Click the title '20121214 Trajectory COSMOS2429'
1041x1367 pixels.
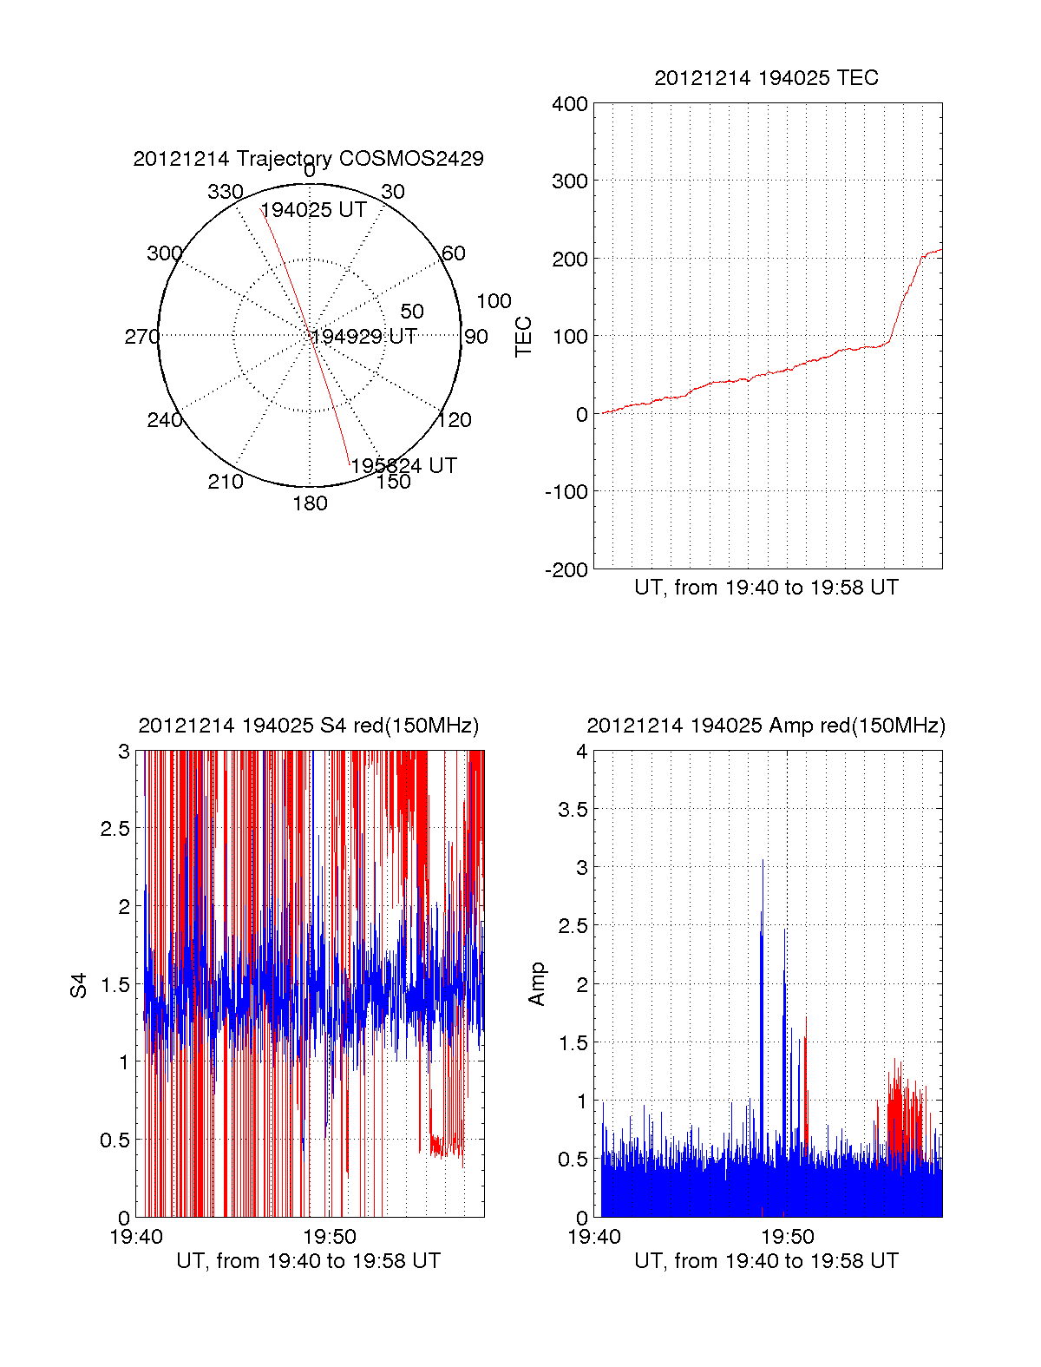[308, 159]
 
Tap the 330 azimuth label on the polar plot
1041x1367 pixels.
[225, 192]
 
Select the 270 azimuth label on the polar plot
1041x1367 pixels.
[141, 337]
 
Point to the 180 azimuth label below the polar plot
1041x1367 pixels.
[310, 503]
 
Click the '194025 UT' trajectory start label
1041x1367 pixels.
[313, 210]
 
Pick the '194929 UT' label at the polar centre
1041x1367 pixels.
[364, 337]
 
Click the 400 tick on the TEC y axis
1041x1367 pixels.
[570, 105]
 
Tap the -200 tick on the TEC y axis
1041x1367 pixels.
[566, 570]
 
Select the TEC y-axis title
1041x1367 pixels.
[523, 337]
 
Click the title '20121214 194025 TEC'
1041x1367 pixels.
[766, 78]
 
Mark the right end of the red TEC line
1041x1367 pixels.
[941, 250]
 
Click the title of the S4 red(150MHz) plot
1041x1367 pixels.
[308, 726]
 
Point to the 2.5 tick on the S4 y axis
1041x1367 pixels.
[115, 829]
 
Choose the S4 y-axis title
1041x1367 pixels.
[79, 985]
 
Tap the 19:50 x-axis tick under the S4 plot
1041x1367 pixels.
[330, 1237]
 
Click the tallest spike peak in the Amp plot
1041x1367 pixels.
[763, 860]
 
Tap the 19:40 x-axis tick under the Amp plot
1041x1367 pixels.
[594, 1237]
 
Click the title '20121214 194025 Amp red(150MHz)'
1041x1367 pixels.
[766, 726]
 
